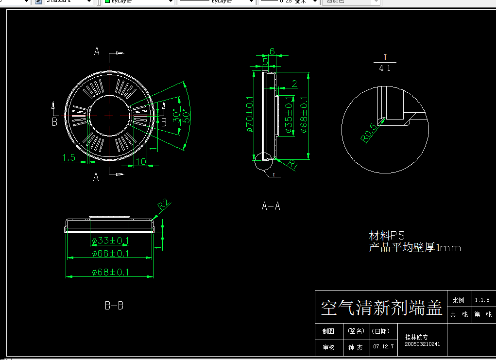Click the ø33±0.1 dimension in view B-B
tap(110, 240)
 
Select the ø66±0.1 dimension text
tap(110, 254)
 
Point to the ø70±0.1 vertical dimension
tap(249, 116)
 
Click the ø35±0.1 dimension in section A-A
tap(289, 116)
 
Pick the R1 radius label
tap(292, 164)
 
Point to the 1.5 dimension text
tap(68, 157)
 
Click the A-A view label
tap(271, 206)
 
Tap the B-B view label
tap(114, 306)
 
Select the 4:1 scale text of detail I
tap(385, 69)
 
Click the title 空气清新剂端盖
tap(381, 308)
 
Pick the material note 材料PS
tap(387, 236)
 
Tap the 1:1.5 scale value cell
tap(482, 300)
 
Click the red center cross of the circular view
tap(109, 115)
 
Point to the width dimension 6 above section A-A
tap(272, 51)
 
